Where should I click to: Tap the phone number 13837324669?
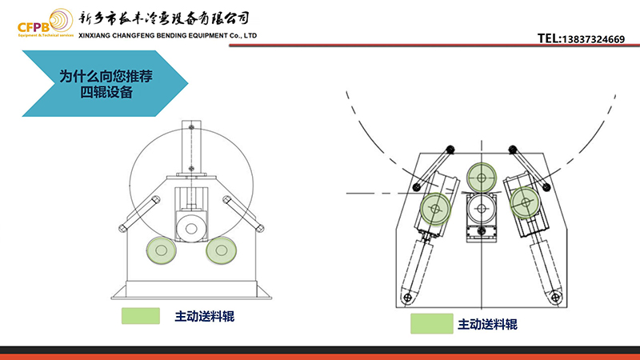click(x=593, y=38)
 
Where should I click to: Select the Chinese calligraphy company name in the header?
click(x=166, y=18)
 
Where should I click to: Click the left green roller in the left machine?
click(x=161, y=251)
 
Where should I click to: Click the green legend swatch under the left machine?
click(x=141, y=316)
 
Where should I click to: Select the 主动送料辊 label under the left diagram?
click(x=204, y=316)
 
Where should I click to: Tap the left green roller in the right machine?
click(x=435, y=208)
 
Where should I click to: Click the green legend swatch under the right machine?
click(x=430, y=323)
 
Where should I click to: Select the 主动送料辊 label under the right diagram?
click(x=487, y=324)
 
